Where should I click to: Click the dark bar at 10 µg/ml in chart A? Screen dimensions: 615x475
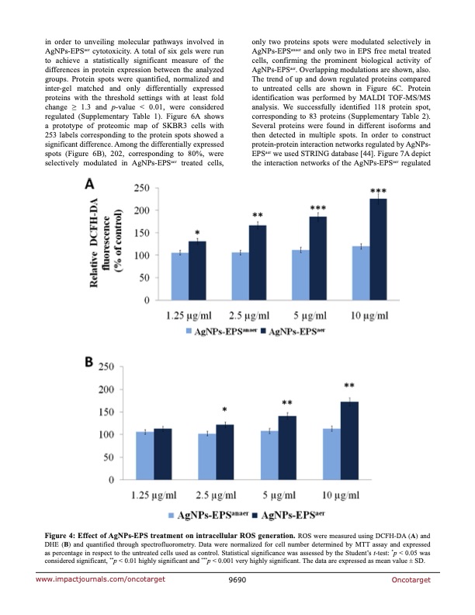[357, 249]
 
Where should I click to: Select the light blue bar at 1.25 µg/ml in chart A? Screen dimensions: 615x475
[179, 276]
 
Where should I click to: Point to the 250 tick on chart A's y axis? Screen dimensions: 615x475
[140, 189]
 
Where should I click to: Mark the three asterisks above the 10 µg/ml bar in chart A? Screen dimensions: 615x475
[357, 191]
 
